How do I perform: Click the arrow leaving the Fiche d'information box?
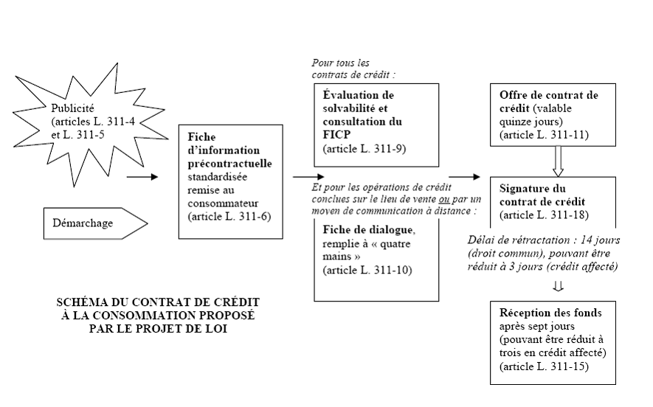308,177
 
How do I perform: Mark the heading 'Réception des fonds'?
550,313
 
